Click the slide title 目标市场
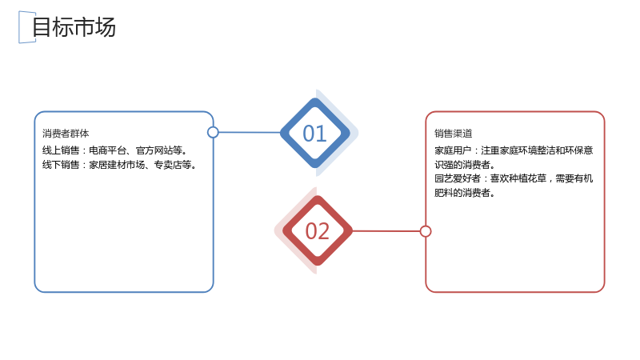(x=74, y=27)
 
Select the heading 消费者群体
(x=66, y=134)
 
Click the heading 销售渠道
(x=453, y=134)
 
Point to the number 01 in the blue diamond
(x=314, y=134)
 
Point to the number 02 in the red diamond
(x=317, y=231)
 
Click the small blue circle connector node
(x=213, y=132)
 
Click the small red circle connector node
(x=426, y=231)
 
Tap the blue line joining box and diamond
(x=250, y=132)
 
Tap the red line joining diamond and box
(x=386, y=231)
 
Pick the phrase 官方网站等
(x=159, y=150)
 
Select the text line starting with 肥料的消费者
(x=465, y=193)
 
